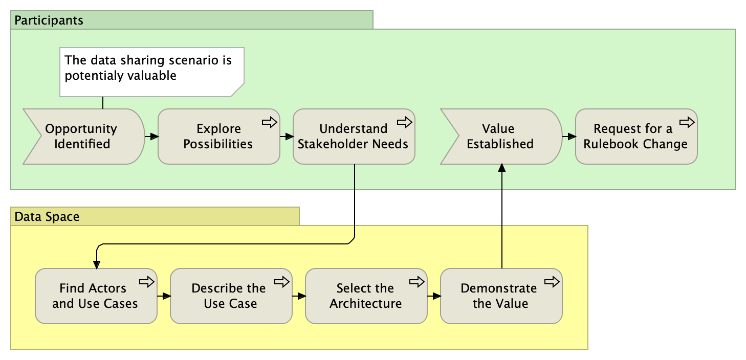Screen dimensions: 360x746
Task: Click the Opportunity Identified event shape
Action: (x=82, y=137)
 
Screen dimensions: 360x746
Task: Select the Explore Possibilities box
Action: (x=218, y=137)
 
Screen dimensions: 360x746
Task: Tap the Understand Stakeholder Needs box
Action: (x=354, y=137)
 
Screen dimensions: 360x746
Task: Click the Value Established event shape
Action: (x=500, y=137)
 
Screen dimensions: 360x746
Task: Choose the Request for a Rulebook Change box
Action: (x=636, y=137)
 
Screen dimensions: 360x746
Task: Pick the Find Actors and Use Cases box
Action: (x=96, y=296)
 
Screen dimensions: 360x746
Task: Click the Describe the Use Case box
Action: (x=231, y=296)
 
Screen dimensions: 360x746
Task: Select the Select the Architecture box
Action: (x=366, y=296)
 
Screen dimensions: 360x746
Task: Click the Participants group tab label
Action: (x=49, y=21)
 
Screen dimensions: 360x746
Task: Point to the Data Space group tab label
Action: (x=47, y=217)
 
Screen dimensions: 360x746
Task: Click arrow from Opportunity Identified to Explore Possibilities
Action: (x=151, y=137)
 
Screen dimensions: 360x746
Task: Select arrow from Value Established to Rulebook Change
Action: (x=568, y=137)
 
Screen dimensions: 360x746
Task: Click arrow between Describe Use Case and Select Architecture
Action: (x=298, y=296)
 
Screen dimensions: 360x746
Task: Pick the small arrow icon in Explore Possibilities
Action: (x=269, y=122)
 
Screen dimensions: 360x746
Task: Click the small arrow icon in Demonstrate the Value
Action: (x=552, y=282)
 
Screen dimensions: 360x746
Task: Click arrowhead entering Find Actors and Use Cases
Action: (x=96, y=264)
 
